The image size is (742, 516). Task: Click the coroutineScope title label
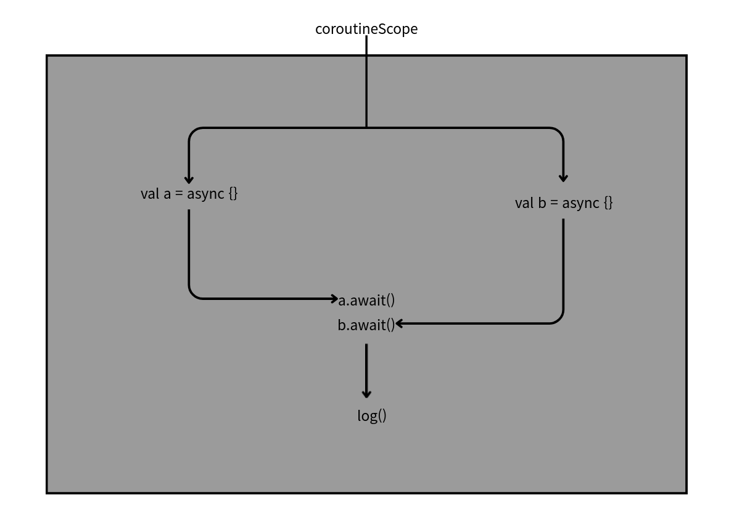[366, 29]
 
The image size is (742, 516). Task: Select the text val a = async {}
[189, 193]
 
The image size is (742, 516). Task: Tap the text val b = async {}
[564, 203]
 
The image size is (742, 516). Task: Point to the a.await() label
[367, 301]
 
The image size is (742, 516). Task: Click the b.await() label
[366, 325]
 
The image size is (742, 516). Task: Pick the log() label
[372, 415]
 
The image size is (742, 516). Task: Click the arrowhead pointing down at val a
[189, 179]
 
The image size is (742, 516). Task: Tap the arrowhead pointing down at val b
[563, 178]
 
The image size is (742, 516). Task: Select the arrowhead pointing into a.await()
[334, 299]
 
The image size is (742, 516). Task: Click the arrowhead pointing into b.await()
[400, 323]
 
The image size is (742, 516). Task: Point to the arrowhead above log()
[366, 393]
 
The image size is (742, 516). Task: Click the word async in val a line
[205, 194]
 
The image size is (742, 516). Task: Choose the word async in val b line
[580, 204]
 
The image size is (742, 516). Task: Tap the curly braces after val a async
[233, 194]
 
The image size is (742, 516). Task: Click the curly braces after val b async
[608, 203]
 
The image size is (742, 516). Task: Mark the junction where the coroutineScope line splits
[366, 128]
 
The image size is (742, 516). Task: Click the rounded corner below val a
[194, 294]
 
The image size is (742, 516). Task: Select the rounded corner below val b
[559, 318]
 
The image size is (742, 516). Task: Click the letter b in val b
[542, 203]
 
